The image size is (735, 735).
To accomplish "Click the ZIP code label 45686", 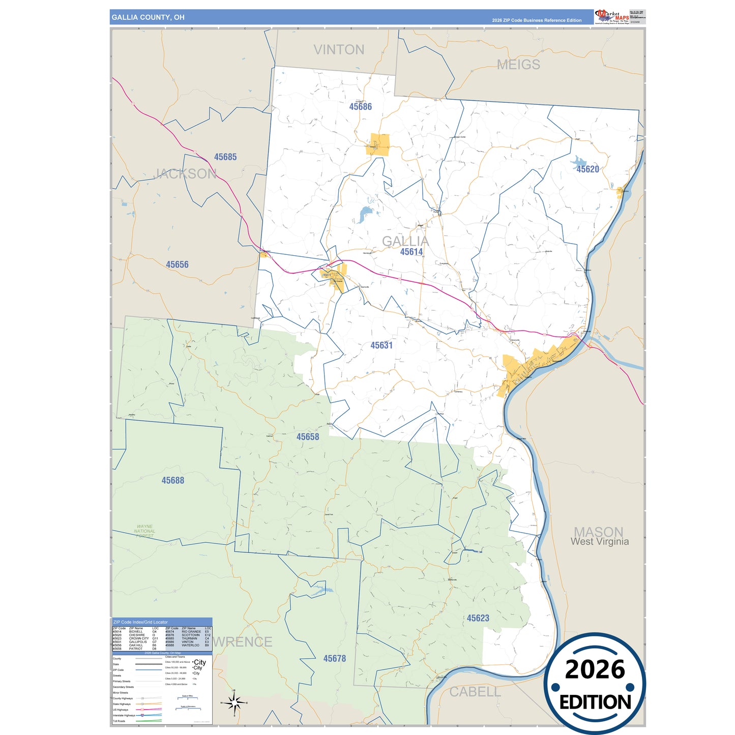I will pos(360,107).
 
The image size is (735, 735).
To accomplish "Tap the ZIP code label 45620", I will pos(587,169).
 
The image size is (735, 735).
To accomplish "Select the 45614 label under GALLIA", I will pos(411,252).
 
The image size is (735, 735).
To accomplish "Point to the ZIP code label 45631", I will pos(381,345).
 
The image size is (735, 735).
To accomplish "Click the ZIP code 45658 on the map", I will pos(308,437).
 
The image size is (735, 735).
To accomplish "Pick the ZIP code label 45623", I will pos(478,618).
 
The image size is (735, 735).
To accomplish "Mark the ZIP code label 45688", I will pos(172,480).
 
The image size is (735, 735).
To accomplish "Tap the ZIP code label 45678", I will pos(334,659).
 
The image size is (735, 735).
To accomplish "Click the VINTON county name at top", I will pos(339,50).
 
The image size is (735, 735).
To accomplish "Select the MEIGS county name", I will pos(518,65).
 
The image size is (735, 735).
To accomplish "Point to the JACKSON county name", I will pos(185,174).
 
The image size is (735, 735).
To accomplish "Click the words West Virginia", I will pos(599,542).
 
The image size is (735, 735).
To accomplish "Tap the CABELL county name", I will pos(475,692).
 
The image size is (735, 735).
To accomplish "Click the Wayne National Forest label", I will pos(144,531).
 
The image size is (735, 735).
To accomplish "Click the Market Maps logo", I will pos(611,17).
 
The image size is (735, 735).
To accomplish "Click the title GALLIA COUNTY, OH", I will pos(148,17).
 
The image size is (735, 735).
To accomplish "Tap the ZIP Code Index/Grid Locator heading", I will pos(140,622).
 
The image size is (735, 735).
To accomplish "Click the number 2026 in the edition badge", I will pos(595,669).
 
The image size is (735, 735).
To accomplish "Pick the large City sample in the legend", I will pos(200,662).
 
